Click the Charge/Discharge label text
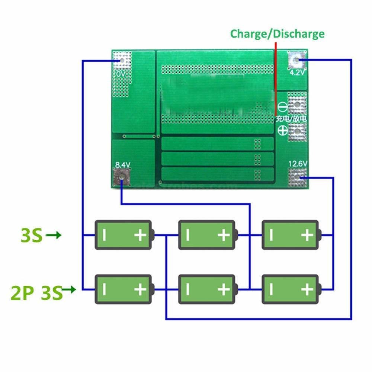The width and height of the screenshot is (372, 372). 277,34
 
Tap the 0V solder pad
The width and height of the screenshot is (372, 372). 122,60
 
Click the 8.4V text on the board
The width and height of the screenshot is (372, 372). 122,164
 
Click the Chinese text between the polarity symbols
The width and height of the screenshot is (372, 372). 291,119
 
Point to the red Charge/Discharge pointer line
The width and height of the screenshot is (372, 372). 275,78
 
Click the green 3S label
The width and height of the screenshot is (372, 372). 31,236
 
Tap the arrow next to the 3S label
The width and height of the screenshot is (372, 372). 54,235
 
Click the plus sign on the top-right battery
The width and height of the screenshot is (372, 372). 307,235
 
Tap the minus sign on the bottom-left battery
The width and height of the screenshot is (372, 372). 105,289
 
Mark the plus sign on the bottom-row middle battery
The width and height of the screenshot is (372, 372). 224,289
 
